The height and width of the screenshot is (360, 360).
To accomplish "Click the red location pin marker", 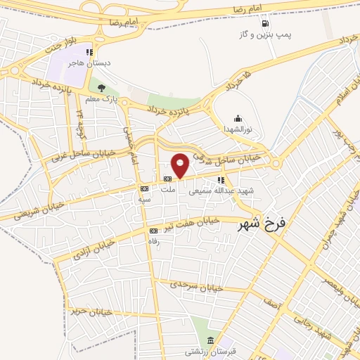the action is pos(181,164).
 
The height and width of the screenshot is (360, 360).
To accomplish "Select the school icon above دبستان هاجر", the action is pos(89,52).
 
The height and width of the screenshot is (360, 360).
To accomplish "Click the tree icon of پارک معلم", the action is pos(101,88).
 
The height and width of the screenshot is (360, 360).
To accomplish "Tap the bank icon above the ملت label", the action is pos(167,179).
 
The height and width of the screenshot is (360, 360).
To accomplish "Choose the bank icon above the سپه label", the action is pos(144,188).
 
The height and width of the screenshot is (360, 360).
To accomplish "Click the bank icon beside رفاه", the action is pos(153,231).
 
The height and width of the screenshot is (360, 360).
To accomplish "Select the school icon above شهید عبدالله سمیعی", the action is pos(221,179).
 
